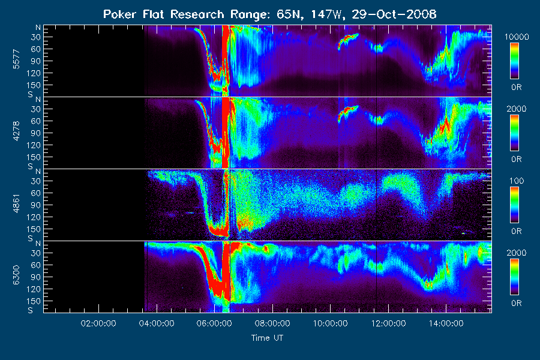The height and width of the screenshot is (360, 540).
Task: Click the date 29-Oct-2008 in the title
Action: (394, 14)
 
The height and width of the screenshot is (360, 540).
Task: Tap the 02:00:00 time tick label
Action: (98, 323)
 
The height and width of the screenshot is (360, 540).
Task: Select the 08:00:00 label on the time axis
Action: (272, 323)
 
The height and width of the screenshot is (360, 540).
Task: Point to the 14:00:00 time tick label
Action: (446, 323)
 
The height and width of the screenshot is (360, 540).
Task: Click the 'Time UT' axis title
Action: (267, 338)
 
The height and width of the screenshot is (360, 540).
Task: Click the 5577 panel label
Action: (16, 59)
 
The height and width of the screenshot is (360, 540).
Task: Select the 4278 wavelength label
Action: (16, 131)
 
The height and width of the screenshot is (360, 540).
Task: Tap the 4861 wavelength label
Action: (16, 203)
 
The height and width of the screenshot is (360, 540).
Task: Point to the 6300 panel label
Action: (16, 275)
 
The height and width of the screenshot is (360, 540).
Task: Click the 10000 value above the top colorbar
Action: (517, 37)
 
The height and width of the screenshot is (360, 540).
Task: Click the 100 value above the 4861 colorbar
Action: (517, 181)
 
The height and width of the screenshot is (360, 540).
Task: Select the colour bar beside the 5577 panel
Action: (514, 61)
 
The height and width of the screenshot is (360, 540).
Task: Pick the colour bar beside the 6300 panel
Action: (514, 277)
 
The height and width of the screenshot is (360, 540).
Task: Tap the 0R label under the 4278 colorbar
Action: (517, 159)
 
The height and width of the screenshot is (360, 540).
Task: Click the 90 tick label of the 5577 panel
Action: (36, 61)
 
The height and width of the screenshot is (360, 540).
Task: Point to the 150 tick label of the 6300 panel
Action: (34, 301)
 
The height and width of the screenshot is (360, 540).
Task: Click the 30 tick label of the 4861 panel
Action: (36, 181)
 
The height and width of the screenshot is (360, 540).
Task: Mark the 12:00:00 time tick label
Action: (388, 323)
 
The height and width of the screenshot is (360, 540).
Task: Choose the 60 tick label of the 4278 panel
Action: (36, 121)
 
